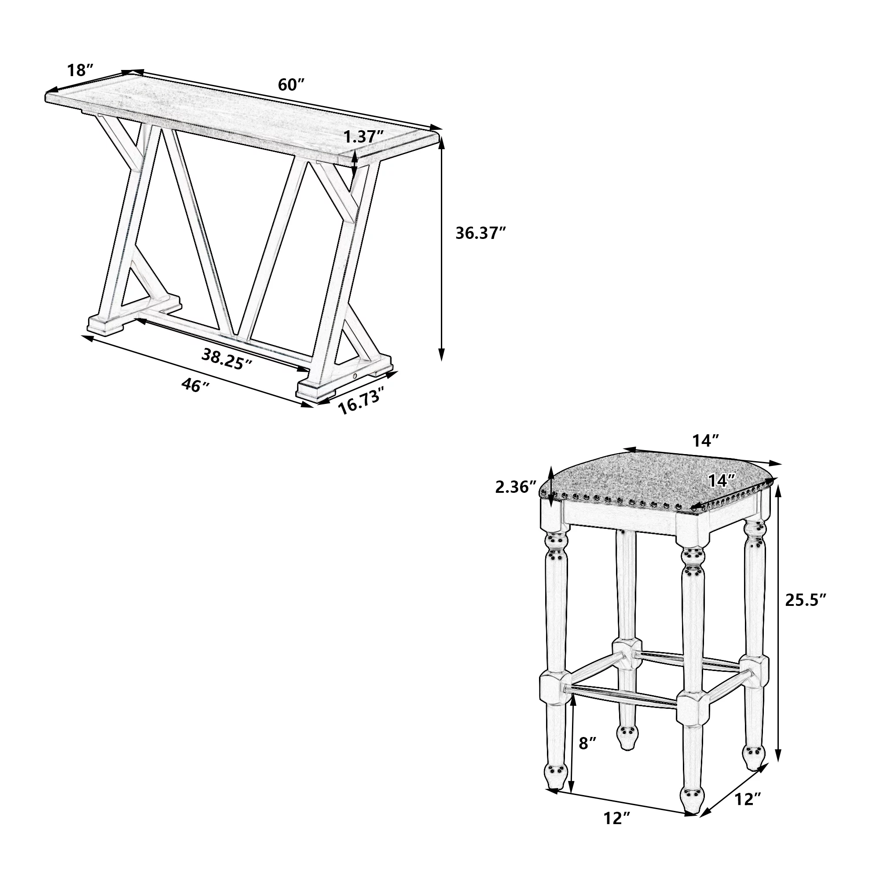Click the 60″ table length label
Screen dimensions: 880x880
291,84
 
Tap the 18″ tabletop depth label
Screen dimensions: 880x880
81,70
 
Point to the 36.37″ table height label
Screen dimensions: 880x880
481,233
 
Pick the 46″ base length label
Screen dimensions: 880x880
195,385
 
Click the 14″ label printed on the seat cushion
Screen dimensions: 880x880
722,480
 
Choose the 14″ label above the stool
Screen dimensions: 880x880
706,440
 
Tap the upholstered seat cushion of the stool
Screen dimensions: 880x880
656,484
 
